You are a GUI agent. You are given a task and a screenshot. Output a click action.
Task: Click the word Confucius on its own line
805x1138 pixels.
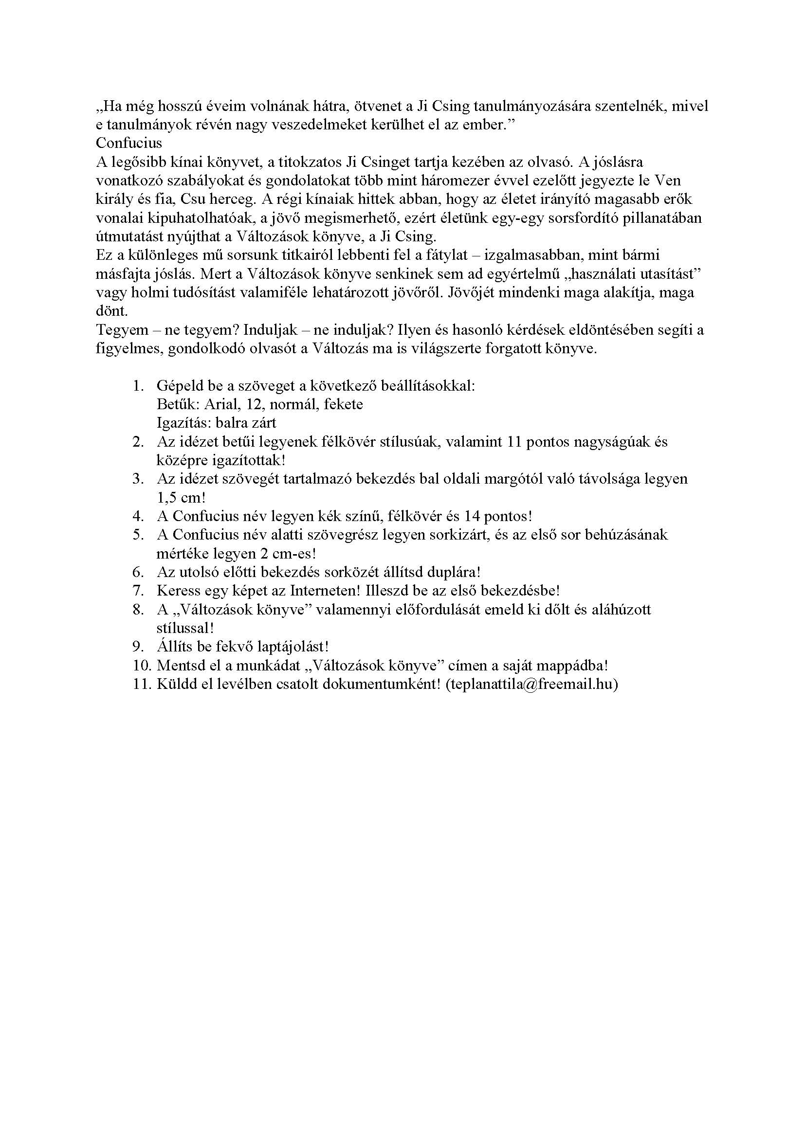(129, 143)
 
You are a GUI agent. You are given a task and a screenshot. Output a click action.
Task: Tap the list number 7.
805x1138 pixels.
(138, 590)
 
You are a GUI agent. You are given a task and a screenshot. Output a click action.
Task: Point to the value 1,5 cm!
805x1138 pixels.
(181, 497)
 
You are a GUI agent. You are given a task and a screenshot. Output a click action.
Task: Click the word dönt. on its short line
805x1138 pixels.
(111, 311)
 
